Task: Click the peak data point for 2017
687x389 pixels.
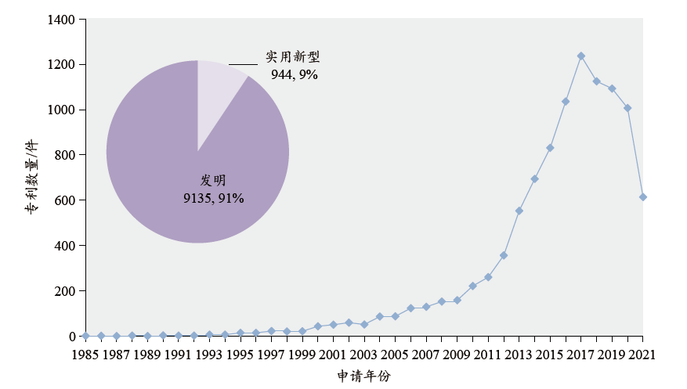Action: point(580,56)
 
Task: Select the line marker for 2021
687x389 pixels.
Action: point(642,197)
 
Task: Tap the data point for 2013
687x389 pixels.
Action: point(519,211)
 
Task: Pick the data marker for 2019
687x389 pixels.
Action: point(612,88)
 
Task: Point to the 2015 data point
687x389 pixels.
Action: point(550,148)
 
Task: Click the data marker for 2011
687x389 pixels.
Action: point(488,277)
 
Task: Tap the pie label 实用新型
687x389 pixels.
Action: point(293,58)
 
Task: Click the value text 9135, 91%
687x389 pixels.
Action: point(213,199)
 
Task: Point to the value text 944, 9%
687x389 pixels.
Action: point(294,75)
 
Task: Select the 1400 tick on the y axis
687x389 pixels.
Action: point(63,19)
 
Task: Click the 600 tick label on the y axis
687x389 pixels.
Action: point(66,200)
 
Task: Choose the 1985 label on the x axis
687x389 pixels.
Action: point(85,355)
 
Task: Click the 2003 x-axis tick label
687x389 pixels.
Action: point(363,355)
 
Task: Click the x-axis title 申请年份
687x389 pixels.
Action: point(363,376)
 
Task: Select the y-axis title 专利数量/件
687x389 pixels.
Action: point(31,178)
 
